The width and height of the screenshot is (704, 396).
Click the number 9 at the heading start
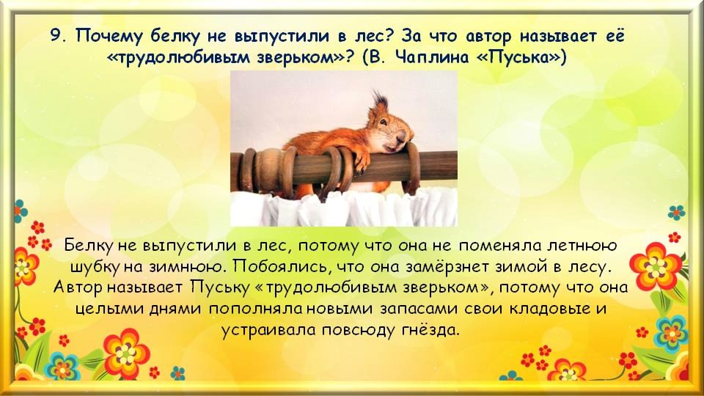coord(56,35)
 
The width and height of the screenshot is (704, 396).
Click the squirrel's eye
coord(383,122)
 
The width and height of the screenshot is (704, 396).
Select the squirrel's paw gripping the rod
coord(361,161)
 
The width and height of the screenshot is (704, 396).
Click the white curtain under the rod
coord(343,208)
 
